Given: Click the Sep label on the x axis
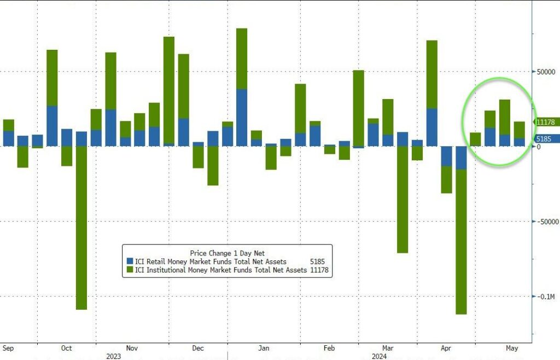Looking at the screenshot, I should (8, 348).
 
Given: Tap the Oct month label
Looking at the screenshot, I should (66, 348).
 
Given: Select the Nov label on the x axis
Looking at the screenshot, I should (131, 348).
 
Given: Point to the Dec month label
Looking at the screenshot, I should (198, 348).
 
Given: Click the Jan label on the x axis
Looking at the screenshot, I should (264, 348).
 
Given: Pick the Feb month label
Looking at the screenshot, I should (329, 348).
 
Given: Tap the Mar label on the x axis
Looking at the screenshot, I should (388, 348).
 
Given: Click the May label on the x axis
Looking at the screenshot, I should (512, 348).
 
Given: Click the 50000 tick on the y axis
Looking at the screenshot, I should (546, 72).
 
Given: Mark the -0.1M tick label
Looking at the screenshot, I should (546, 297).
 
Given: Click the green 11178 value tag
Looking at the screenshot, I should (546, 122).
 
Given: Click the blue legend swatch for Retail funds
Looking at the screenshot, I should (130, 262).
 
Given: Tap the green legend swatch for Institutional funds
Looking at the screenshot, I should (130, 270).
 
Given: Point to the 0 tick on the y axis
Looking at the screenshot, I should (539, 147).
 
